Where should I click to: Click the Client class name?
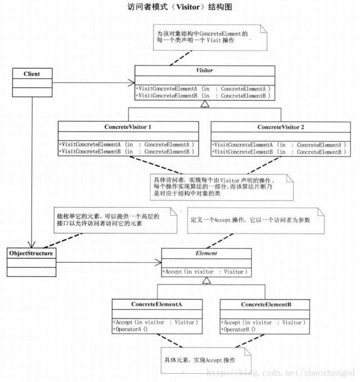click(x=32, y=74)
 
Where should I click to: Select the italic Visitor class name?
click(x=204, y=70)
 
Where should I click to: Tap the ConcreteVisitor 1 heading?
click(x=128, y=127)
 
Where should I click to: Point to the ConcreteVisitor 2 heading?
click(x=281, y=127)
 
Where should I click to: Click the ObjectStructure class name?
click(x=31, y=253)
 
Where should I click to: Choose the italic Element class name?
click(x=207, y=253)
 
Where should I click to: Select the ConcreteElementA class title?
click(x=157, y=304)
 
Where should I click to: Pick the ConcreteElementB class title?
click(x=266, y=304)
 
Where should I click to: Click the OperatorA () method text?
click(x=130, y=329)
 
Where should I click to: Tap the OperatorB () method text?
click(x=238, y=330)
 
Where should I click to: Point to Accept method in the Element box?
click(x=205, y=272)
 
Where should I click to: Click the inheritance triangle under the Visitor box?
click(x=205, y=104)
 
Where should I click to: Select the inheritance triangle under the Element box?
click(x=207, y=281)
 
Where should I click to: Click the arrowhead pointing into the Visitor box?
click(x=132, y=83)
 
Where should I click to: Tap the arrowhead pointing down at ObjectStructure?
click(x=32, y=245)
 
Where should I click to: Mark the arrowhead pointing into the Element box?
click(x=158, y=262)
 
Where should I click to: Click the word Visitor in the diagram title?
click(x=188, y=7)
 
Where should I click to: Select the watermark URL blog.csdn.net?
click(x=280, y=373)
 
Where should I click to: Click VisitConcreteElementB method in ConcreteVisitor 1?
click(x=127, y=151)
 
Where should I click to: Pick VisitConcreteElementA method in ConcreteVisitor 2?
click(x=279, y=145)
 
